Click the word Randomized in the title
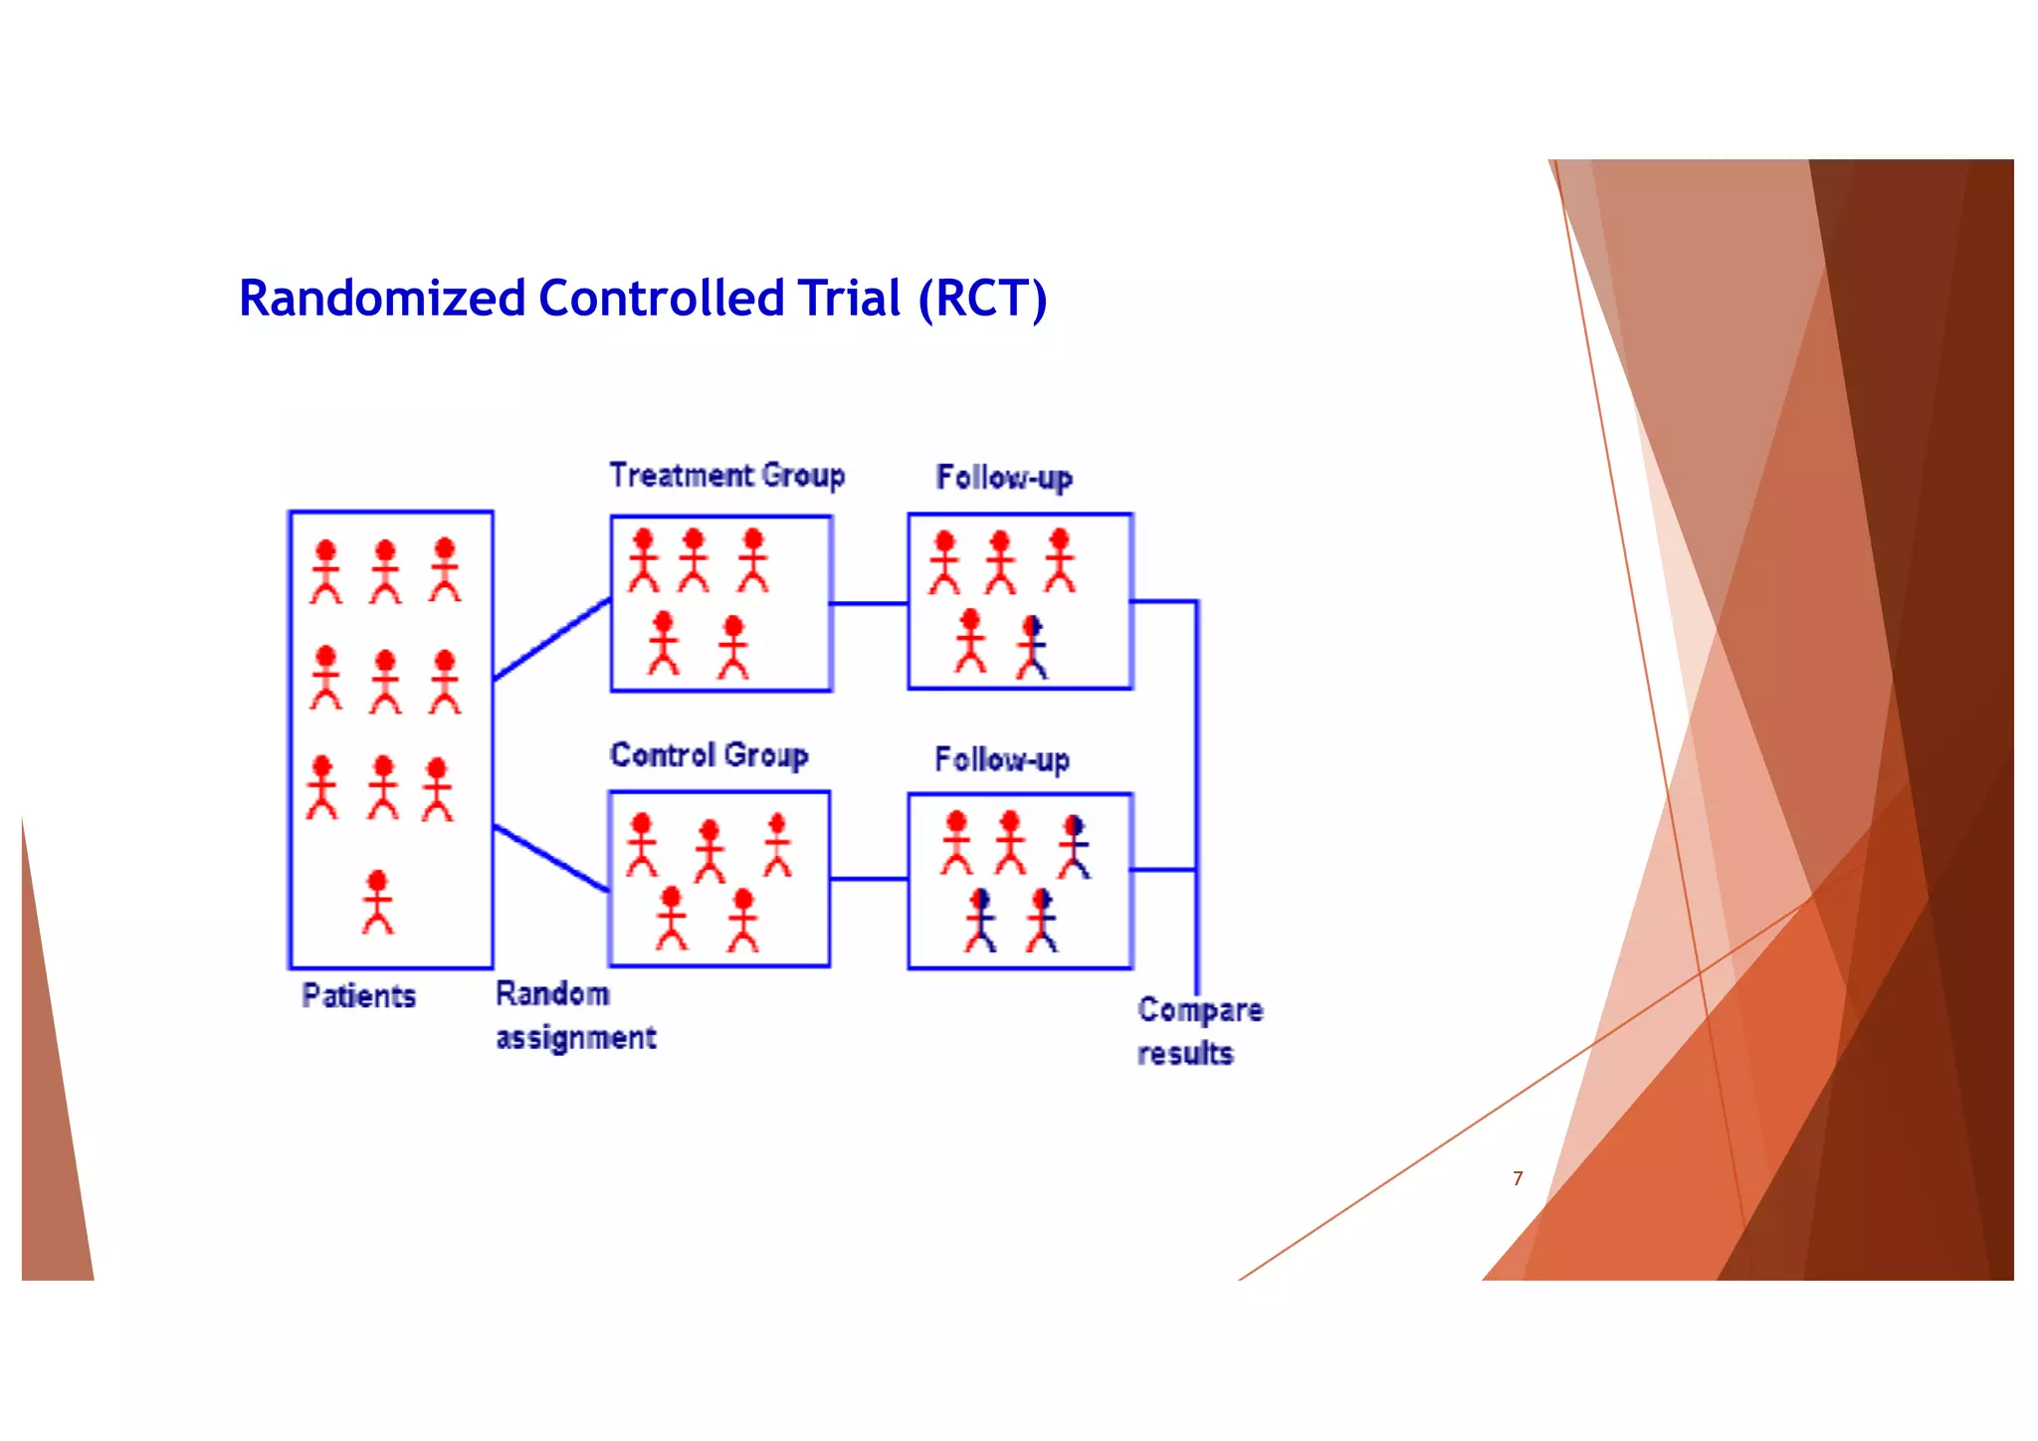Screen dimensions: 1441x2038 [382, 299]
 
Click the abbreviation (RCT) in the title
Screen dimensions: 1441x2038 [982, 299]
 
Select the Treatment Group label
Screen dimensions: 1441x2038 [727, 476]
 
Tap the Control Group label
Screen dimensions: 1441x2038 [709, 755]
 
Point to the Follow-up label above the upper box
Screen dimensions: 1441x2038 [1004, 478]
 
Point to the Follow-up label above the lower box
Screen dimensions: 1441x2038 [1002, 760]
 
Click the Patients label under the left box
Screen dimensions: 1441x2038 [358, 995]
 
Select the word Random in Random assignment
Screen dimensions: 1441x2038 [552, 993]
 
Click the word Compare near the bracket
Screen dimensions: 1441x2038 [1200, 1009]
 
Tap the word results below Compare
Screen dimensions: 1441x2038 [1185, 1053]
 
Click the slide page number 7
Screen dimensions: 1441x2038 [1518, 1178]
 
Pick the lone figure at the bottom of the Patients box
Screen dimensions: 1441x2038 [377, 902]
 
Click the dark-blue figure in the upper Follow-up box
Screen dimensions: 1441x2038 [1033, 647]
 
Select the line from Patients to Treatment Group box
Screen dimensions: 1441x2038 [551, 639]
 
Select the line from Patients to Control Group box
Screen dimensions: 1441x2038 [551, 858]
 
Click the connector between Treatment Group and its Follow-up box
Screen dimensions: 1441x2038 [869, 603]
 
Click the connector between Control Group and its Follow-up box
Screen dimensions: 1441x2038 [869, 879]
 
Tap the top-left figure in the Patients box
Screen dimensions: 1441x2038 [325, 571]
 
